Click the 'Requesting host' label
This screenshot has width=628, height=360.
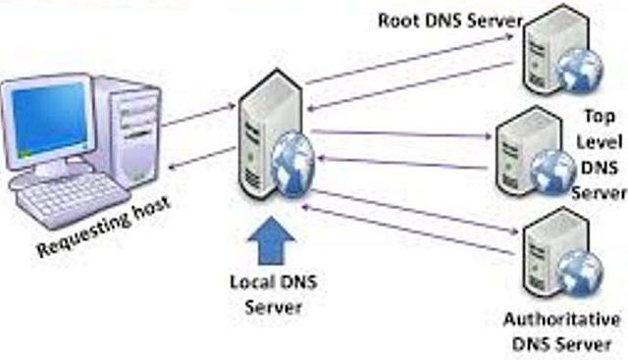[x=103, y=227]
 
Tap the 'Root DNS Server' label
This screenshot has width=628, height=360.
[x=450, y=20]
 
